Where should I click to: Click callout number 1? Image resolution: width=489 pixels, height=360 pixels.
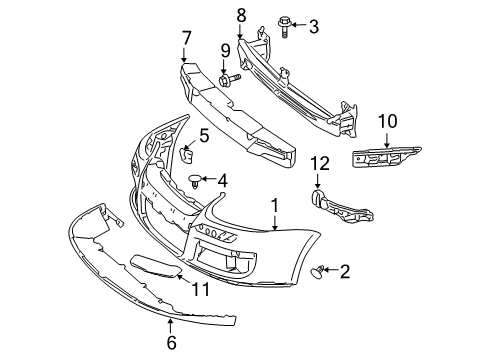[x=274, y=206]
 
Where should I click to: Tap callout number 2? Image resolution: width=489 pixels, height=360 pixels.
[x=345, y=271]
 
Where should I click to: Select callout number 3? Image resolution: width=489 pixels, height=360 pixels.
[x=313, y=26]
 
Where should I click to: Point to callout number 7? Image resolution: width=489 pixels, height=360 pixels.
[x=186, y=38]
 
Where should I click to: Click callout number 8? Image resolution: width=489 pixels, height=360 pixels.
[x=241, y=16]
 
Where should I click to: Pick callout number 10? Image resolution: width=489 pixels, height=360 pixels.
[x=387, y=121]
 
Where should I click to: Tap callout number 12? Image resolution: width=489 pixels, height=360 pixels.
[x=320, y=163]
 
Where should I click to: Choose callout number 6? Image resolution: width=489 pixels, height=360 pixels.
[x=171, y=343]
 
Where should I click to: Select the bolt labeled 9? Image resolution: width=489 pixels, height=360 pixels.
[x=229, y=79]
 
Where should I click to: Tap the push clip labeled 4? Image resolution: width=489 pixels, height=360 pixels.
[x=195, y=181]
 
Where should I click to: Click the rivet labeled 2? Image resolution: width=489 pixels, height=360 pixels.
[x=318, y=271]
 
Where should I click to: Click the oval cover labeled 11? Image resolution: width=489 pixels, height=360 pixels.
[x=156, y=266]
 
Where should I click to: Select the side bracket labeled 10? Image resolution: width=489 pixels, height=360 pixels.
[x=386, y=158]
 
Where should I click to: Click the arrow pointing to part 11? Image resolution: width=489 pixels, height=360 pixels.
[x=183, y=278]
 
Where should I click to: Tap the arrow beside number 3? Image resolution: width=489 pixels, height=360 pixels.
[x=299, y=24]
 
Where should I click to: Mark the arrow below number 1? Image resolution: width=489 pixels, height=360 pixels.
[x=275, y=223]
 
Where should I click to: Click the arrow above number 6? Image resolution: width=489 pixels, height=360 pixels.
[x=171, y=326]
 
